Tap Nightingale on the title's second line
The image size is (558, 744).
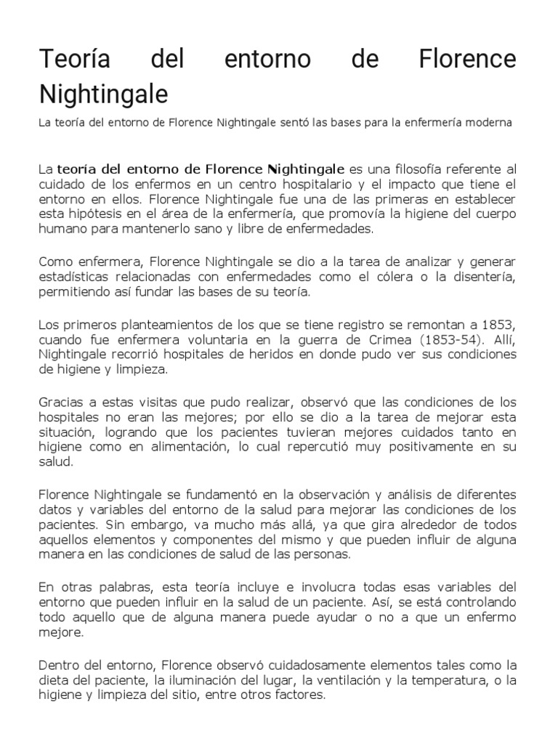click(x=103, y=94)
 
